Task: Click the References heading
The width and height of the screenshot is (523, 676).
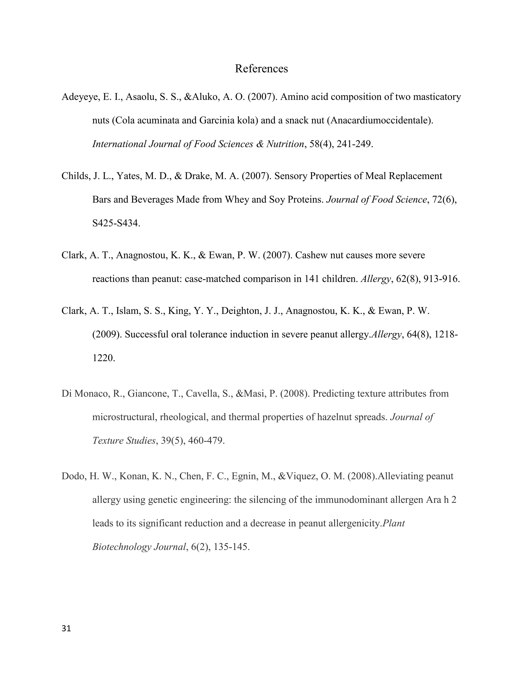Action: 261,68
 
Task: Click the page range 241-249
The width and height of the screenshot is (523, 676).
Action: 354,144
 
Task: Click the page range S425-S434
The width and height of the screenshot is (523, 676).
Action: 116,223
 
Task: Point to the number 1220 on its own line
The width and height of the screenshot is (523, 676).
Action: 103,358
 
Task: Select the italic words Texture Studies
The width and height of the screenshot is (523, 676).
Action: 124,441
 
